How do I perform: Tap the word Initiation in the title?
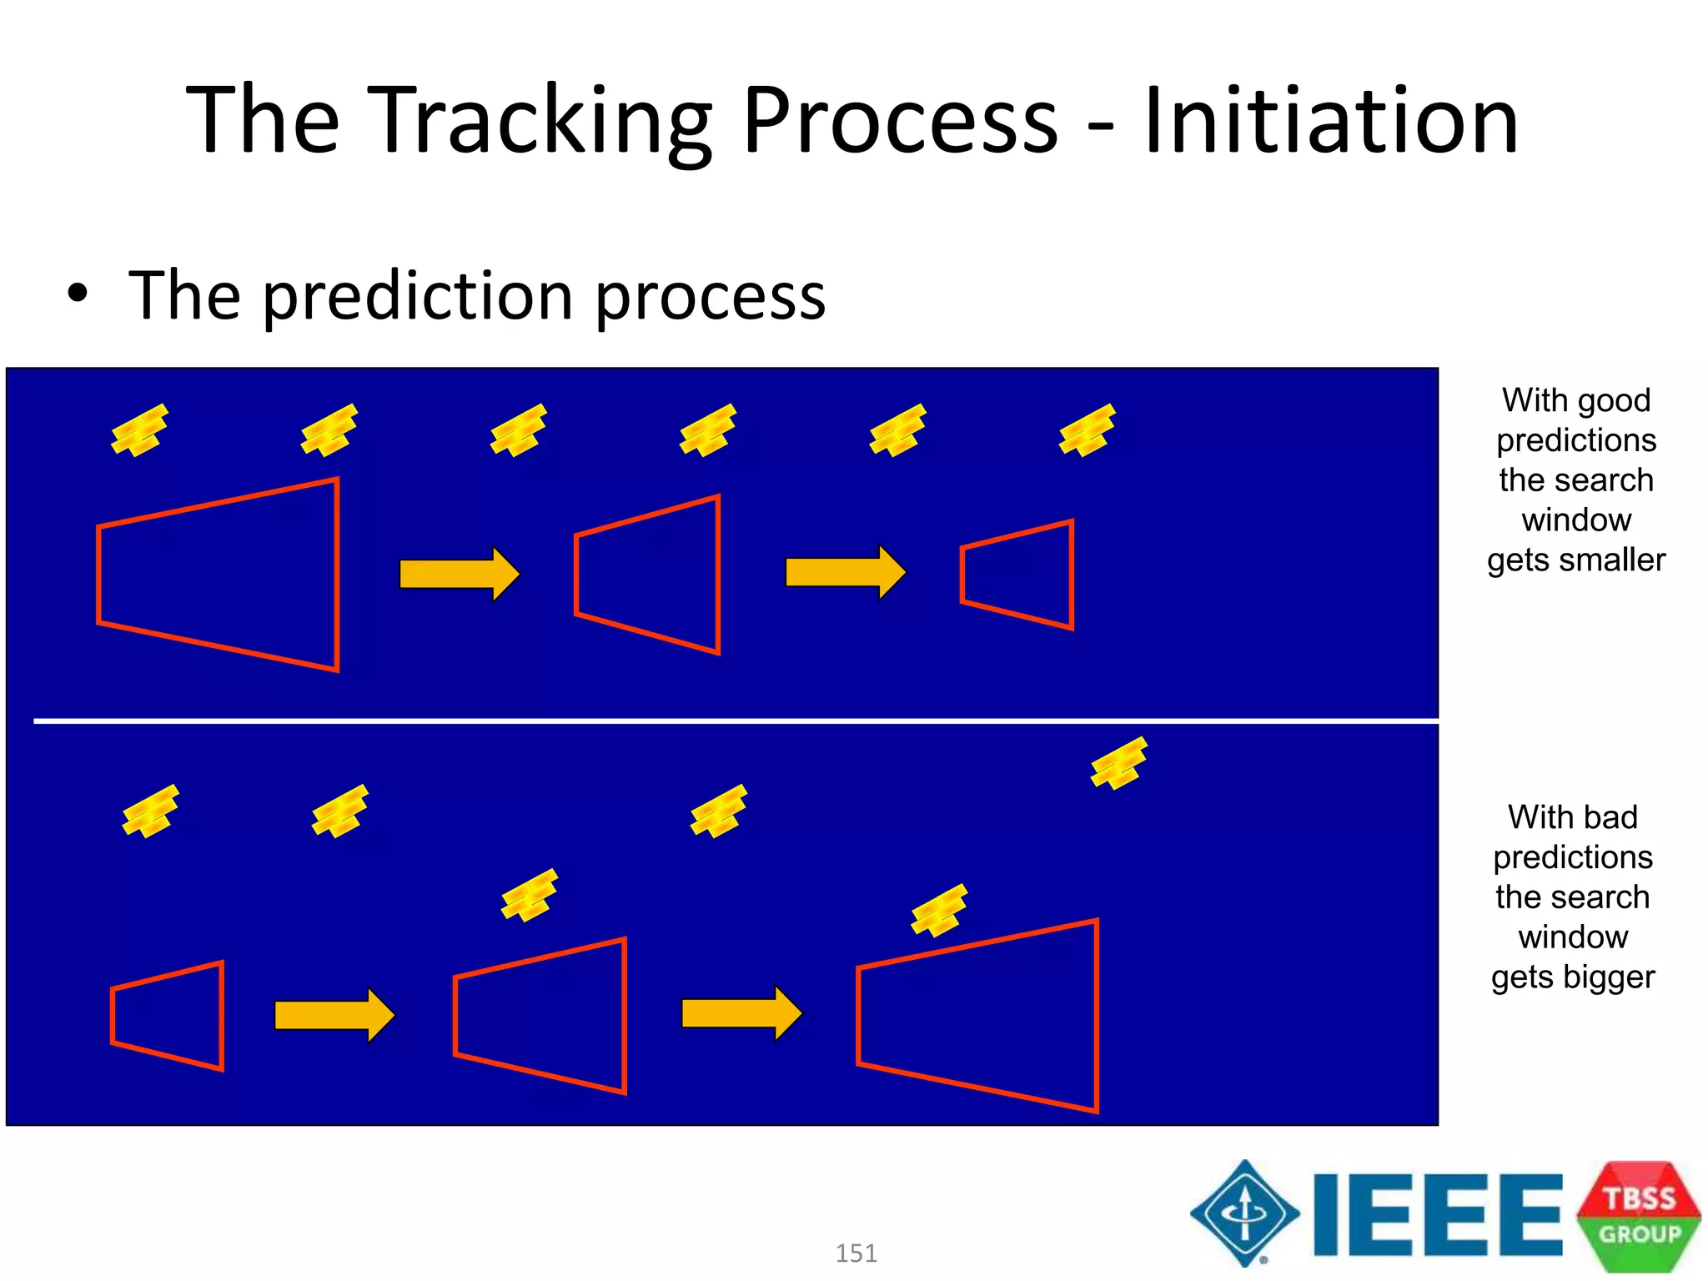1331,121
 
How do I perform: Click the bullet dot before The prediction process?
78,294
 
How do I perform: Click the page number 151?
856,1253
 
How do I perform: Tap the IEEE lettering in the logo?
1437,1214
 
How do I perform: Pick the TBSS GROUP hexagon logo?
1638,1215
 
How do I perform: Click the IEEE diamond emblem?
1244,1213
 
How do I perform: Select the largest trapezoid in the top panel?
219,575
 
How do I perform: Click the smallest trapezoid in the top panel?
1017,575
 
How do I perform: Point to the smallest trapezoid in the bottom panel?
168,1016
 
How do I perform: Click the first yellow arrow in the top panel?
460,574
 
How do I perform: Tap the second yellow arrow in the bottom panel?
741,1013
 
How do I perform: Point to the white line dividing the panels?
734,720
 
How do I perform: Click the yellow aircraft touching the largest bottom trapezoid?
940,910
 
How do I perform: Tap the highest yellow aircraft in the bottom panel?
1119,762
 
